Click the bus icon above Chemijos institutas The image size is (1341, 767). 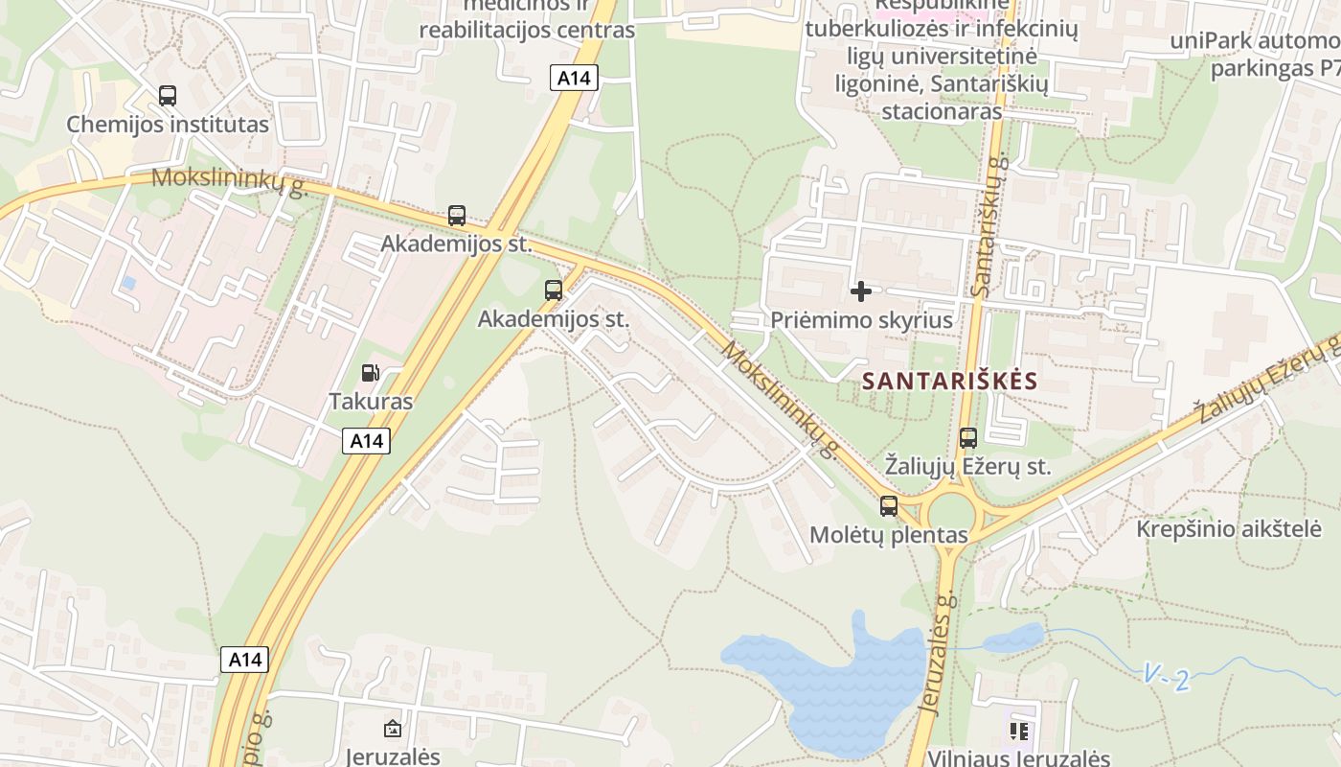tap(168, 96)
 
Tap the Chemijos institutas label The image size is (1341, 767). tap(168, 125)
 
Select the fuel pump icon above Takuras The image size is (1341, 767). tap(370, 373)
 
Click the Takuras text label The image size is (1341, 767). tap(371, 402)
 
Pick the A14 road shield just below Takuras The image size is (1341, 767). tap(366, 441)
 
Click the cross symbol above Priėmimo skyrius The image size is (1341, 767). tap(861, 291)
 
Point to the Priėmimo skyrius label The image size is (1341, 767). tap(861, 320)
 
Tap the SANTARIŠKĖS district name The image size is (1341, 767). tap(949, 381)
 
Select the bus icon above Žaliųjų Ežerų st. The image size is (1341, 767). tap(968, 438)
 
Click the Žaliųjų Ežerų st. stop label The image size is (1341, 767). tap(967, 467)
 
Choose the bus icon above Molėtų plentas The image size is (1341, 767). tap(889, 506)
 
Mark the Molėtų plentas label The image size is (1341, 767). tap(889, 535)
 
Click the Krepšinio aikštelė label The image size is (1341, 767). tap(1229, 528)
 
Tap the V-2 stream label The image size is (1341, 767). tap(1167, 679)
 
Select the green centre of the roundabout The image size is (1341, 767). tap(951, 512)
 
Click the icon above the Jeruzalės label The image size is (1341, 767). tap(392, 730)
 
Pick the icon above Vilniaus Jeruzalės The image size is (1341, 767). tap(1018, 732)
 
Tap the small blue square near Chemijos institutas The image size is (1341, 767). tap(128, 284)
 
